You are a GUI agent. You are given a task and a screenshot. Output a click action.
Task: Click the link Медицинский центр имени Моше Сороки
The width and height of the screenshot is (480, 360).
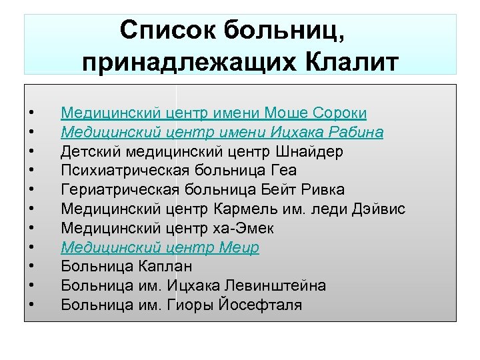(x=213, y=113)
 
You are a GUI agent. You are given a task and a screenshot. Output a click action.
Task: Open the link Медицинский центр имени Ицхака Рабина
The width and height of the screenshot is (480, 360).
(x=222, y=132)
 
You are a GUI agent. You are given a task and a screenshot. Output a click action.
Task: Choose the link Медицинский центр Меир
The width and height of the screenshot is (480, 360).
(x=160, y=247)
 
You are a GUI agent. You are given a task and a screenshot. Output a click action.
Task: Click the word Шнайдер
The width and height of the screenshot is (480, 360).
(x=315, y=151)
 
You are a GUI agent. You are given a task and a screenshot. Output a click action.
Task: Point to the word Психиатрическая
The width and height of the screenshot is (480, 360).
(x=117, y=171)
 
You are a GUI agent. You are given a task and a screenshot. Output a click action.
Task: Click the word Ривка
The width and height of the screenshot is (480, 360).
(x=320, y=190)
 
